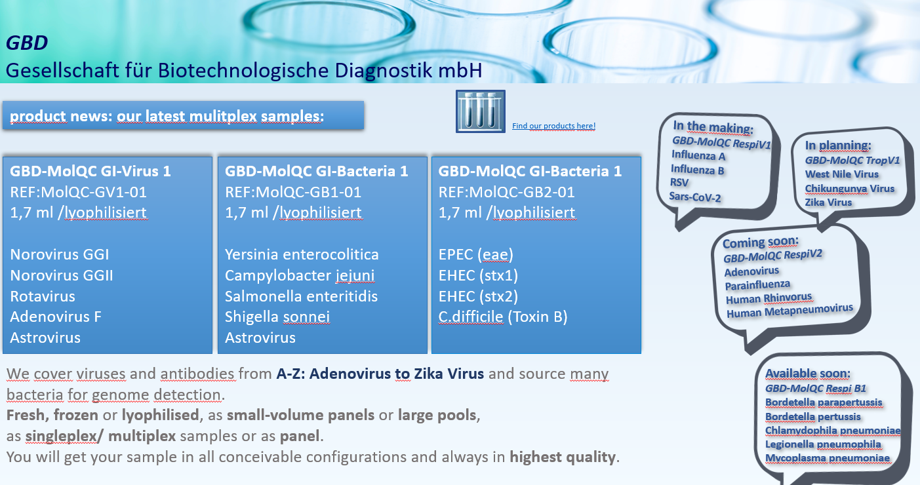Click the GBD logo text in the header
click(x=27, y=43)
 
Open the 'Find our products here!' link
click(x=553, y=126)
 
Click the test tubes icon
click(x=481, y=111)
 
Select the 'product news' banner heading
click(x=167, y=116)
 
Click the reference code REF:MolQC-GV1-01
click(x=78, y=192)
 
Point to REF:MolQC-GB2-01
click(x=506, y=192)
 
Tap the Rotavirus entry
click(x=43, y=296)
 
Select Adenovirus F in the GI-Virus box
click(x=56, y=317)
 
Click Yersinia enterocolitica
click(x=302, y=254)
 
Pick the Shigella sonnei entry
click(x=277, y=317)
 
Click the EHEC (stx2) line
click(x=478, y=296)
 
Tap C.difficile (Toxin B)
click(x=503, y=317)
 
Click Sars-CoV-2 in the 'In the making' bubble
click(x=695, y=197)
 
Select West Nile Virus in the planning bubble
click(x=841, y=174)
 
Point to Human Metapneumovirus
click(x=790, y=311)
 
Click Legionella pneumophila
click(x=823, y=444)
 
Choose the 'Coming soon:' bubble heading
click(x=761, y=242)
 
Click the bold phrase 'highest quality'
click(x=563, y=457)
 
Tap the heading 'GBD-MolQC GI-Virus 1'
click(x=90, y=171)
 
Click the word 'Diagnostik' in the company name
click(x=384, y=70)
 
